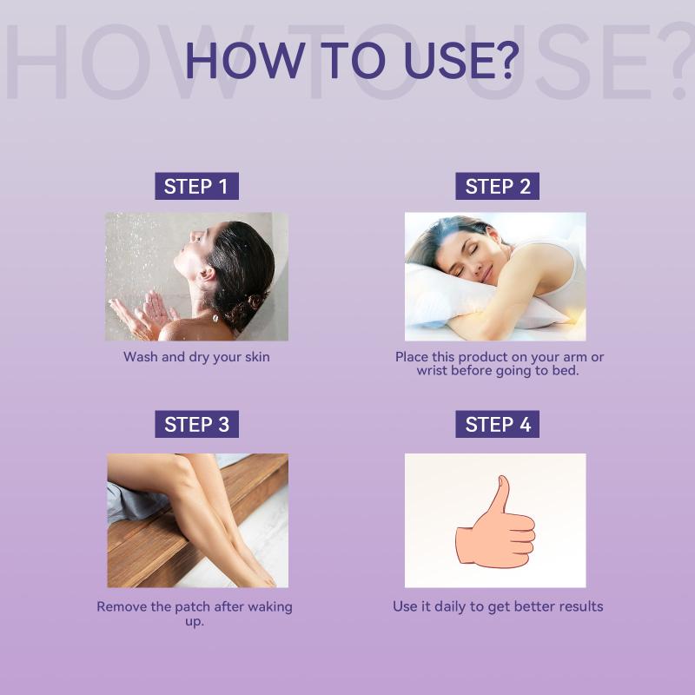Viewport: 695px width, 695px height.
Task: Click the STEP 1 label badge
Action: (x=197, y=186)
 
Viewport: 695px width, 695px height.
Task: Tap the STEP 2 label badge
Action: (x=497, y=186)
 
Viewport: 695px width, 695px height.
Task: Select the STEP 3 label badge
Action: (x=197, y=424)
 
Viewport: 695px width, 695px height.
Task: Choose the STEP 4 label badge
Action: (x=497, y=424)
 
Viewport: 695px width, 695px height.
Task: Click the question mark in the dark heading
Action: (x=505, y=60)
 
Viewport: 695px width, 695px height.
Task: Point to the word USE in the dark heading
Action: (x=446, y=61)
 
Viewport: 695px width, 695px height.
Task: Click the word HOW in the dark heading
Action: (x=245, y=61)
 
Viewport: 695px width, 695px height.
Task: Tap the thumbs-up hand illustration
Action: (x=495, y=522)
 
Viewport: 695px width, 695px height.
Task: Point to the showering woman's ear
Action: (x=206, y=274)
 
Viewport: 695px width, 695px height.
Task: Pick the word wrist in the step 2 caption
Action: (x=432, y=371)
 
